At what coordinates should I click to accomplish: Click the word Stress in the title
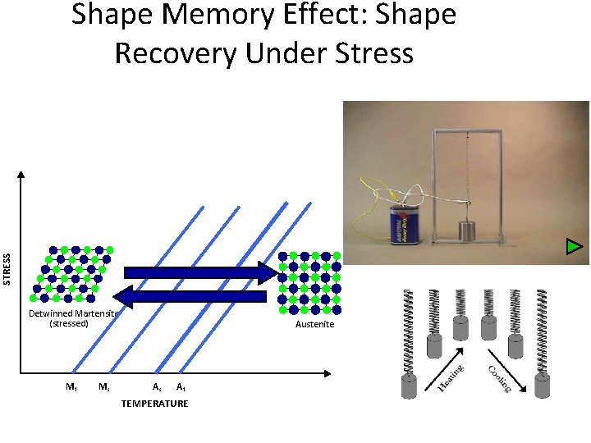pyautogui.click(x=367, y=53)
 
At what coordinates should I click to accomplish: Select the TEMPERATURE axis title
pyautogui.click(x=154, y=404)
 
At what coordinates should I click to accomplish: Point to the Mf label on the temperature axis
pyautogui.click(x=71, y=387)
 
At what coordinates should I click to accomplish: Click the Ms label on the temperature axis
pyautogui.click(x=104, y=387)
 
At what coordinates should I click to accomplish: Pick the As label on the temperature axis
pyautogui.click(x=156, y=387)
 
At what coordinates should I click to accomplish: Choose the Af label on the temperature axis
pyautogui.click(x=181, y=387)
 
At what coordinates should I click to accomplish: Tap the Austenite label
pyautogui.click(x=315, y=325)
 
